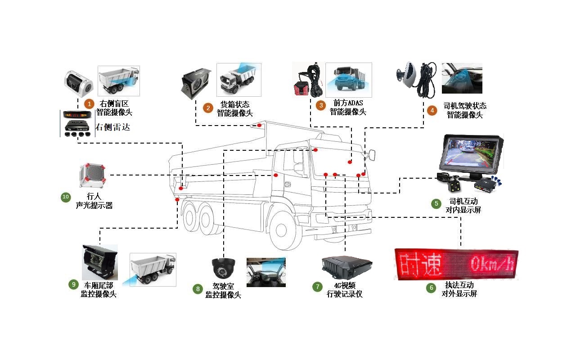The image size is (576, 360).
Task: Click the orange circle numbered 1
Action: point(89,104)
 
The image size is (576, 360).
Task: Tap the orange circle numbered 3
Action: point(320,106)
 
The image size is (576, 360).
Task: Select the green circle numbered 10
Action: point(66,197)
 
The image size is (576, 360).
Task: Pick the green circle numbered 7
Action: point(318,287)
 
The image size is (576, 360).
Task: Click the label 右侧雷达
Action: point(112,127)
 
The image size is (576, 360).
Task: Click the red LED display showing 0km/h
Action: point(456,264)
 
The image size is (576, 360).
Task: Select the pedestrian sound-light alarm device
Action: point(92,175)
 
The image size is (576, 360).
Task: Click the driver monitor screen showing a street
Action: point(471,154)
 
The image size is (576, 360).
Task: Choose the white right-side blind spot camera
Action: point(78,84)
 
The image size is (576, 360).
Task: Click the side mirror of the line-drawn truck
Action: point(371,155)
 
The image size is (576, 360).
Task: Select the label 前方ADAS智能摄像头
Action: point(347,108)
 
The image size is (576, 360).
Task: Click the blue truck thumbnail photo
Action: point(348,80)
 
